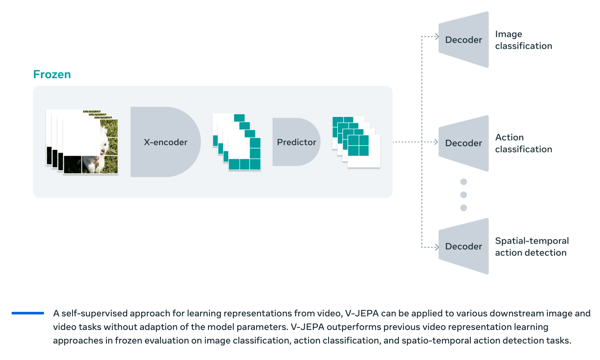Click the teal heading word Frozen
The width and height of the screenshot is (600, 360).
click(x=52, y=74)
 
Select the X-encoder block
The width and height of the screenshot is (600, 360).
click(x=165, y=142)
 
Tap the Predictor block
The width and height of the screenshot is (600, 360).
click(x=296, y=142)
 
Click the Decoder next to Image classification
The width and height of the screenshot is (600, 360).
click(x=463, y=40)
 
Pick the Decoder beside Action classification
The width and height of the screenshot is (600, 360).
click(x=463, y=143)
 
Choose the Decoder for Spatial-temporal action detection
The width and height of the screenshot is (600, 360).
click(x=463, y=246)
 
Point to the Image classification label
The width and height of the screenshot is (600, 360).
click(x=523, y=40)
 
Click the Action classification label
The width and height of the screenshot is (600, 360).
click(x=523, y=143)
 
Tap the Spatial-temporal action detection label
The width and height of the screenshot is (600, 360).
click(x=532, y=247)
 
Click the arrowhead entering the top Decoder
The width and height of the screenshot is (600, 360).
click(x=437, y=37)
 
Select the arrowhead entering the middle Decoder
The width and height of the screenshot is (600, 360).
click(x=436, y=142)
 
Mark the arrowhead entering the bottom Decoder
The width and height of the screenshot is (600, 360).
click(x=437, y=247)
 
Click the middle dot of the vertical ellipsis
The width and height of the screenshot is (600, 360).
click(x=463, y=195)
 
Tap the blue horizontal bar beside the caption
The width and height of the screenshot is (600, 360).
click(x=28, y=313)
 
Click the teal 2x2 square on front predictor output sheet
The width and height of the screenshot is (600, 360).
click(x=358, y=145)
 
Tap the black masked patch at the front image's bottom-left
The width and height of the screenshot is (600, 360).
click(x=73, y=164)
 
